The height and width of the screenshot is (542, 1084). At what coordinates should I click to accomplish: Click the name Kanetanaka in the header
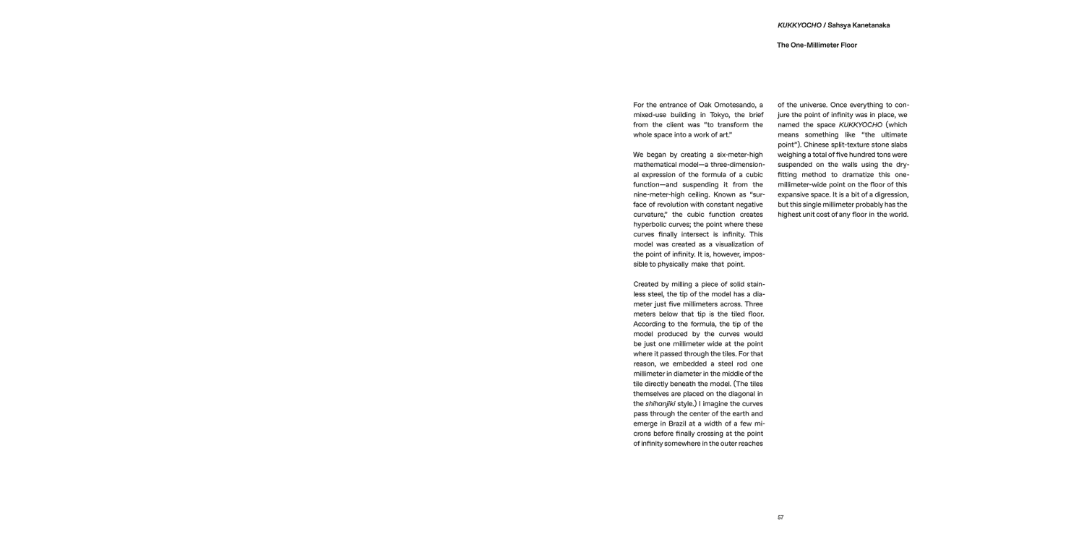click(869, 25)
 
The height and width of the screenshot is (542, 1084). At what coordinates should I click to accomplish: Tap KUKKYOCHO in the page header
click(799, 25)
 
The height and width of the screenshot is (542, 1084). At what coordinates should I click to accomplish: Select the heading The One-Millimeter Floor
click(817, 45)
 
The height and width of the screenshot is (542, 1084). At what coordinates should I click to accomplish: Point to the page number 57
click(780, 517)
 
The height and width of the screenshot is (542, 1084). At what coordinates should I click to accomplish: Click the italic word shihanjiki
click(660, 403)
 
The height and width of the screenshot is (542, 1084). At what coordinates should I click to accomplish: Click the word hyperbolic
click(651, 225)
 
